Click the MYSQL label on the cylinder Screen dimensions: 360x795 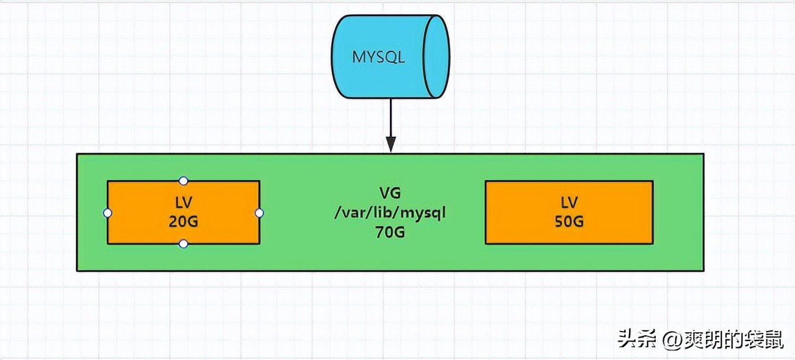[379, 57]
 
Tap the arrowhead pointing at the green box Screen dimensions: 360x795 [391, 144]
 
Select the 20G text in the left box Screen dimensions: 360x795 [183, 221]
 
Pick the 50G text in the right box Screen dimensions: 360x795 [569, 221]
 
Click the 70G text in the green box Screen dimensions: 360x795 [390, 232]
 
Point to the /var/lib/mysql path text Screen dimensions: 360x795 [390, 212]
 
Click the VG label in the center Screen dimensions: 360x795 [390, 192]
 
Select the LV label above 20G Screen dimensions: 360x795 [183, 202]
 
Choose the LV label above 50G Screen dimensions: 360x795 [569, 202]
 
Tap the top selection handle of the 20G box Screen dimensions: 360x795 [184, 181]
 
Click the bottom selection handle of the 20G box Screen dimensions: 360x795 [184, 243]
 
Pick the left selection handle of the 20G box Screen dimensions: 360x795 [107, 213]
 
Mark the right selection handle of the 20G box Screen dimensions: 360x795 [259, 213]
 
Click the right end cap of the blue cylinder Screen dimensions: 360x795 [437, 57]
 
